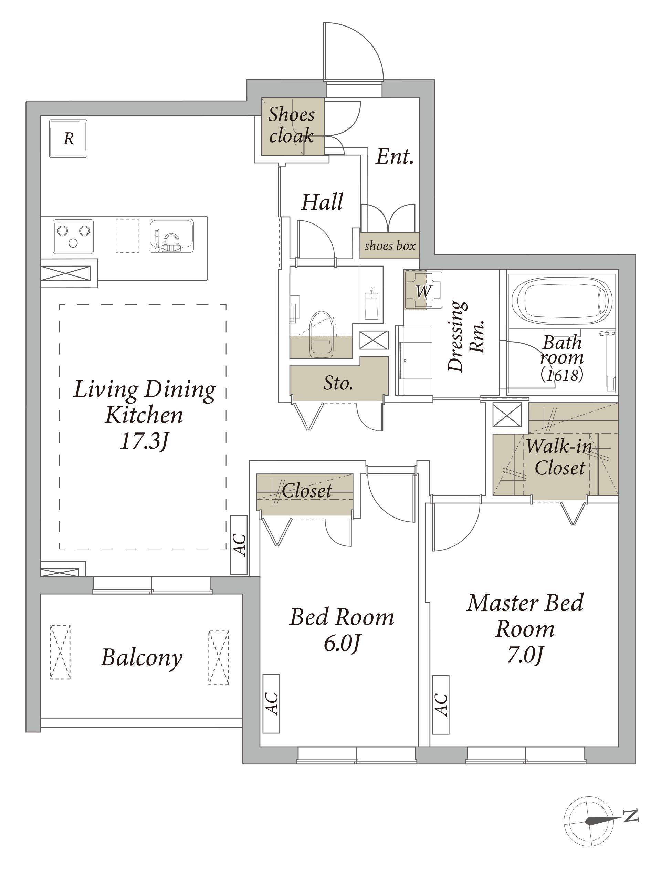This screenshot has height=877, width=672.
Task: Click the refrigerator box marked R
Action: pyautogui.click(x=68, y=138)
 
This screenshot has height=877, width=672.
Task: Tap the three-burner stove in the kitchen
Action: pyautogui.click(x=73, y=236)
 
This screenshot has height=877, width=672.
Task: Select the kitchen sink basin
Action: pyautogui.click(x=171, y=236)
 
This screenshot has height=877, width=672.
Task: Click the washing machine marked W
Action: pyautogui.click(x=423, y=291)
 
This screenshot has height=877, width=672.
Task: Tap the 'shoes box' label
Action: pyautogui.click(x=390, y=246)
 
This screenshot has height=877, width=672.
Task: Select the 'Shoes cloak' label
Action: pyautogui.click(x=292, y=125)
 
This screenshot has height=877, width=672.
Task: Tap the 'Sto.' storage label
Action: pyautogui.click(x=338, y=383)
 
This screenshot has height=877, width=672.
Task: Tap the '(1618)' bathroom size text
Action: pyautogui.click(x=562, y=375)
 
